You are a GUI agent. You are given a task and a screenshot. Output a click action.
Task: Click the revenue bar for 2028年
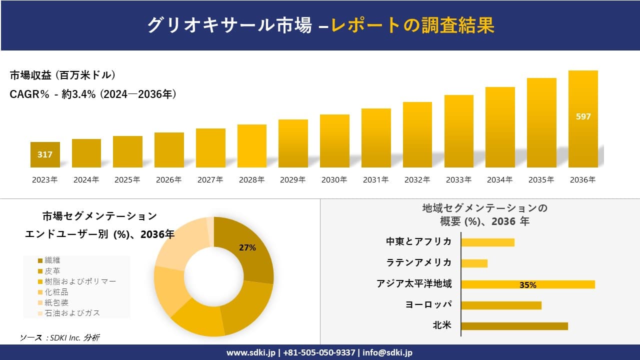(x=252, y=146)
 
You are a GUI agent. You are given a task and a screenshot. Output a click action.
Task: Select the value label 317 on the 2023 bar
(x=45, y=155)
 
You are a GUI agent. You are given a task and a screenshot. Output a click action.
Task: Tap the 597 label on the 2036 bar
(x=583, y=117)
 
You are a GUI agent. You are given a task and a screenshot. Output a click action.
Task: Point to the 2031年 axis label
(x=375, y=180)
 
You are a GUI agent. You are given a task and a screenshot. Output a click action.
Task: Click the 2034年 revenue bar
(x=500, y=127)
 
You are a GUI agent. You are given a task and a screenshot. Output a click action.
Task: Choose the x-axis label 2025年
(x=127, y=180)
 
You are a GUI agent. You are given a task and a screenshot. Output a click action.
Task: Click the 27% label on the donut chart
(x=247, y=247)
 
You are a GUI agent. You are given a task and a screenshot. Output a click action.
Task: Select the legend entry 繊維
(x=52, y=260)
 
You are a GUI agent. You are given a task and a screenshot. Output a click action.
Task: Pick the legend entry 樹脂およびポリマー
(x=80, y=281)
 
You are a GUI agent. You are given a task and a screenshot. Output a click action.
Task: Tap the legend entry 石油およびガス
(x=72, y=313)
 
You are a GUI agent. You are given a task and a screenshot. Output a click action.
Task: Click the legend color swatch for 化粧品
(x=40, y=292)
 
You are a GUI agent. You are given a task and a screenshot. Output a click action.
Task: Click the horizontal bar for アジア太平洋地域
(x=527, y=284)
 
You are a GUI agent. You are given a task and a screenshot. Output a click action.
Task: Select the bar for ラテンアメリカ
(x=474, y=263)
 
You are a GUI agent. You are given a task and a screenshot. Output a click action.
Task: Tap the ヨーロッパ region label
(x=428, y=305)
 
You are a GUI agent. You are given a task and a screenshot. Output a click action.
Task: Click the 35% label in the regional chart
(x=527, y=285)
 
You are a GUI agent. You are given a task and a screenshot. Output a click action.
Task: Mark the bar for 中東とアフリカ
(x=487, y=242)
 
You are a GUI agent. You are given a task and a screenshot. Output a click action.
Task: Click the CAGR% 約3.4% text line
(x=93, y=94)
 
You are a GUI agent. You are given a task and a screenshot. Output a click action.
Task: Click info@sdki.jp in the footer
(x=387, y=352)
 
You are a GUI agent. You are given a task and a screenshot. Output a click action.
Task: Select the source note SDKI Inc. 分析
(x=60, y=338)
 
